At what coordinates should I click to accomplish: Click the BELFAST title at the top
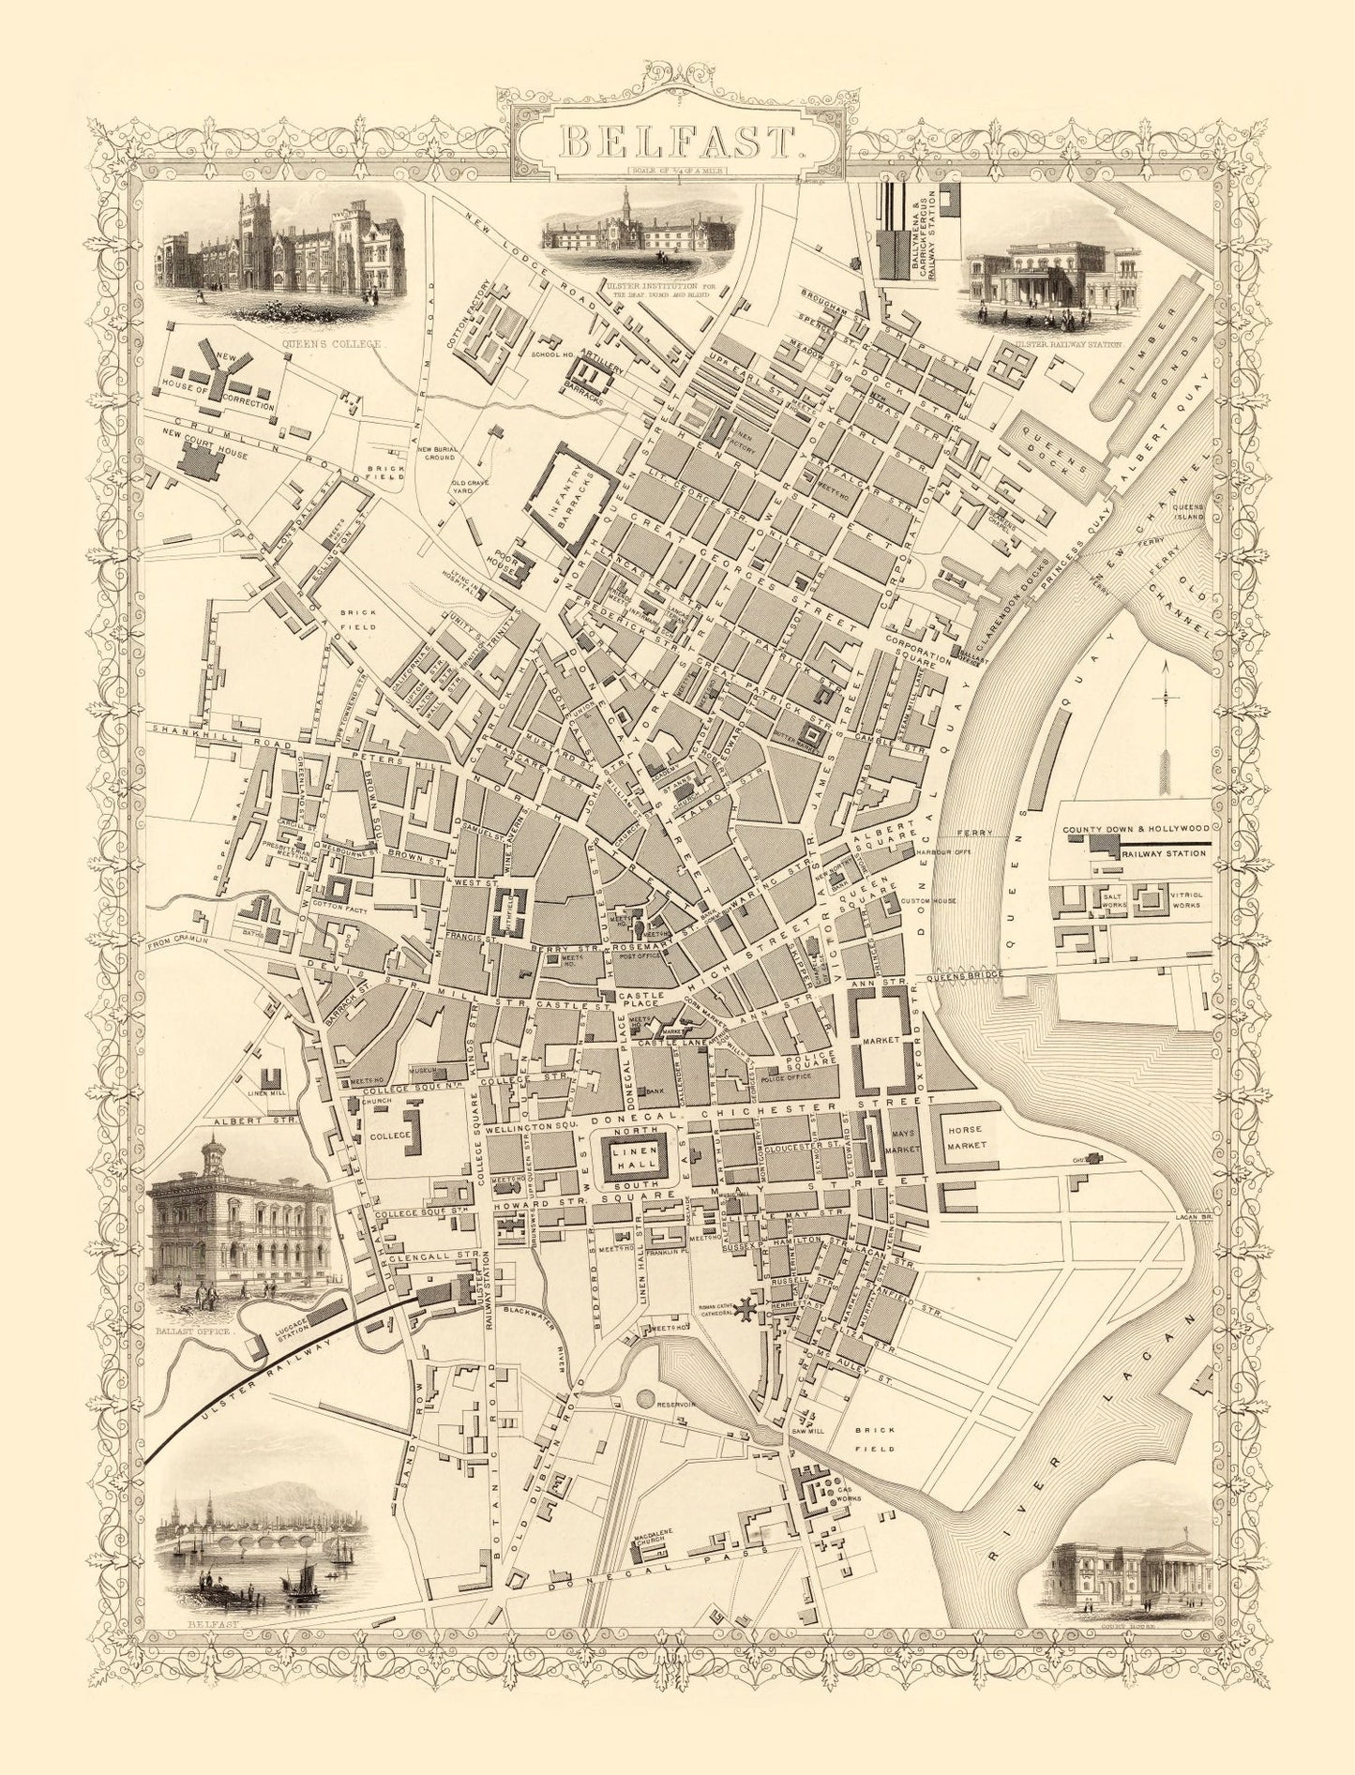coord(678,143)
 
